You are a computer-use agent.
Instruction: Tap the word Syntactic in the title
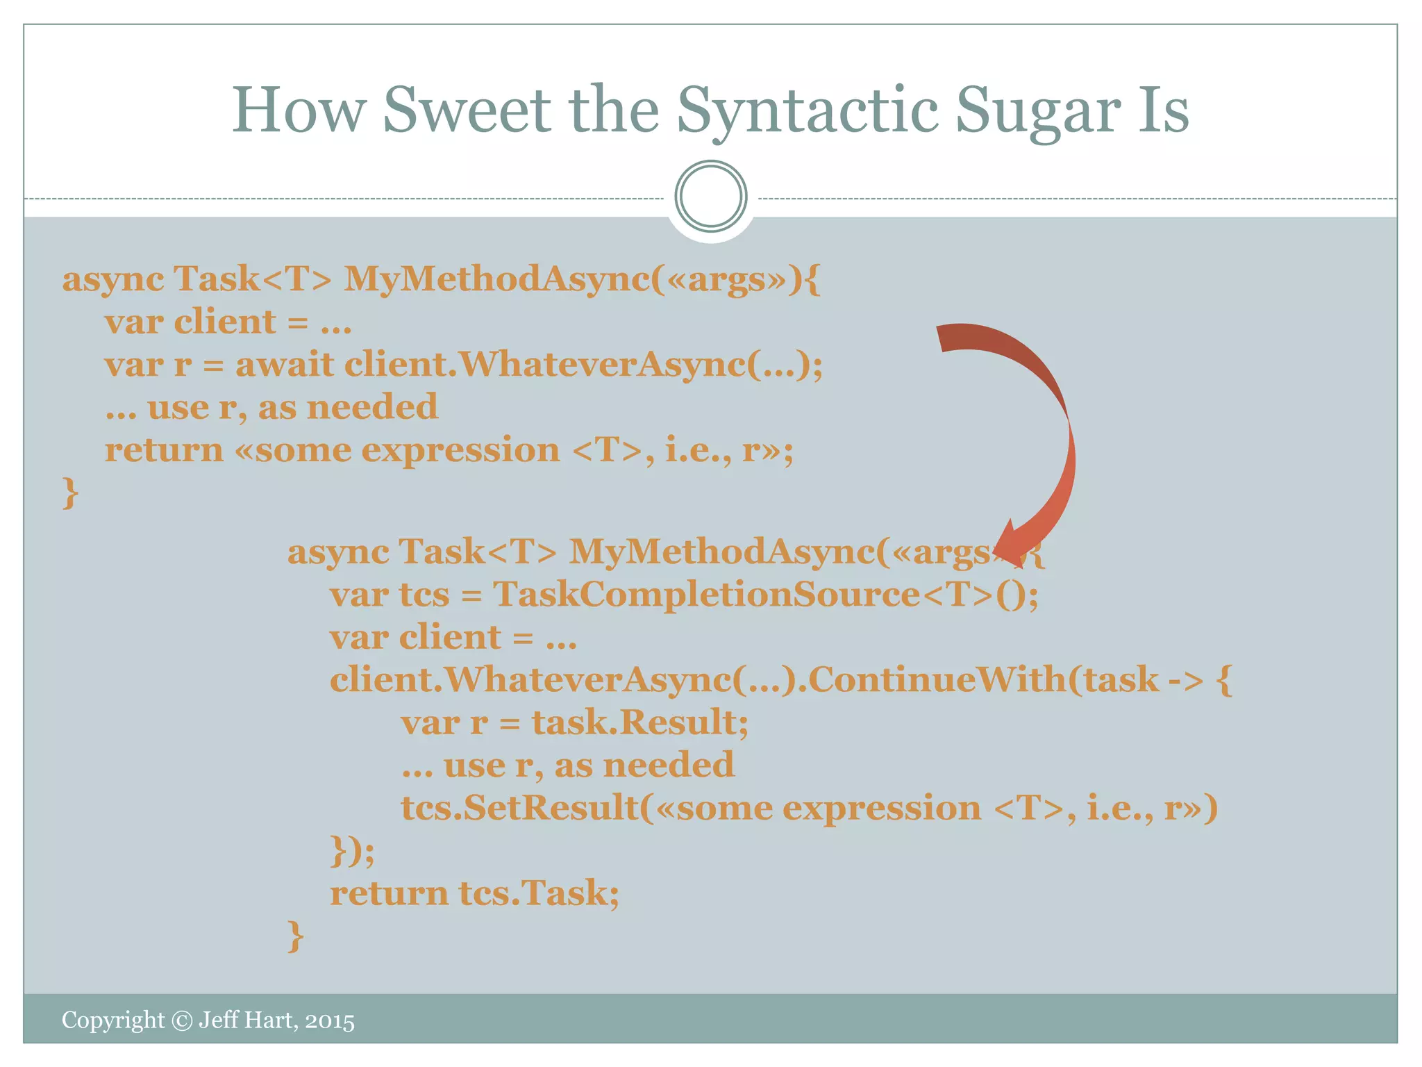tap(808, 111)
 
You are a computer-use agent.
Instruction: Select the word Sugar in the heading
tap(1037, 111)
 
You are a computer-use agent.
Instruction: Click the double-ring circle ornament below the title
tap(711, 196)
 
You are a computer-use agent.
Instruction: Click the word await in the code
tap(285, 365)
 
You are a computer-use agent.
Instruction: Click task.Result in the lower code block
tap(639, 722)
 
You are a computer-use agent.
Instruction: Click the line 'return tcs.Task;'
tap(474, 893)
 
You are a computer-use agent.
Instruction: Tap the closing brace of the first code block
tap(70, 493)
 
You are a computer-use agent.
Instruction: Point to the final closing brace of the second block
tap(295, 936)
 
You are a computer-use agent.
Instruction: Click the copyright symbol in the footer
tap(182, 1020)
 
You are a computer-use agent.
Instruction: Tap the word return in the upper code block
tap(164, 450)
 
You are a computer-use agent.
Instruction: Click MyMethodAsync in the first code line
tap(496, 279)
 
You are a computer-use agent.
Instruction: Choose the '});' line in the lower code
tap(352, 852)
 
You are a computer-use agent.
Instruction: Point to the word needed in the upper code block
tap(372, 407)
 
